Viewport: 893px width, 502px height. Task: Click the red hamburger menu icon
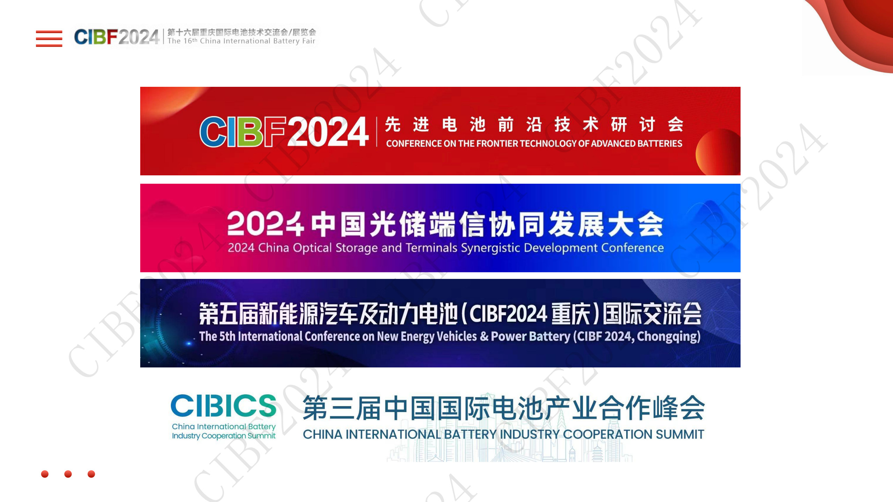[49, 38]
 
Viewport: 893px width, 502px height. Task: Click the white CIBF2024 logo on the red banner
[284, 132]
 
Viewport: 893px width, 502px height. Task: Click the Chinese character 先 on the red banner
[393, 124]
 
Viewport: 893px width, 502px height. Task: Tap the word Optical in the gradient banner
[312, 248]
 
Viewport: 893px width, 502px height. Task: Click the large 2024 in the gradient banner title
[265, 224]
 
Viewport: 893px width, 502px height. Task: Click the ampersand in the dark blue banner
[484, 336]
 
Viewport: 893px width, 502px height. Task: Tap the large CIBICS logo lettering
[224, 406]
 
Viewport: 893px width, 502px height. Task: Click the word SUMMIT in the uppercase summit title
[680, 434]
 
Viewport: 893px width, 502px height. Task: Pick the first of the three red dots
[45, 474]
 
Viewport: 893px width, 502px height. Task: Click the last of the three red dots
[91, 474]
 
